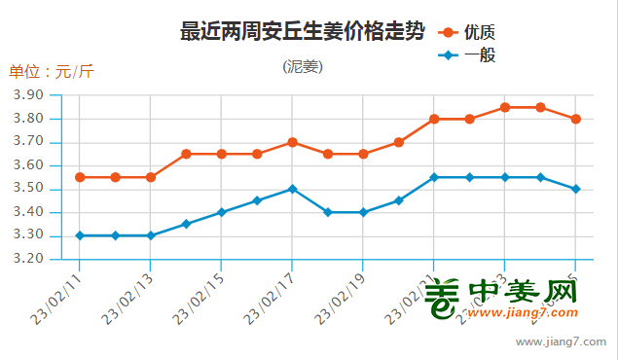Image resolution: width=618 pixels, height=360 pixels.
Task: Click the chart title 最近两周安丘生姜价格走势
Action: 303,31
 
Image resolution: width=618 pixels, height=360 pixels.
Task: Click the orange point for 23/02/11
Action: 80,177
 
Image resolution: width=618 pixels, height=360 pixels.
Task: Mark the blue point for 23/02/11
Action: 80,235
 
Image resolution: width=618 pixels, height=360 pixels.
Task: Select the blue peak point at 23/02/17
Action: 292,189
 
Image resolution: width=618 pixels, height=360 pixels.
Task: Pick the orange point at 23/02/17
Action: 292,142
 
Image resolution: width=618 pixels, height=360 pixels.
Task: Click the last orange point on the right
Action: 576,119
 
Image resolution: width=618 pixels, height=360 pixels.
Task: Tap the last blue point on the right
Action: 576,189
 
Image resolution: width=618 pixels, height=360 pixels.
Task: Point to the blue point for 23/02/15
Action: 221,212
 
